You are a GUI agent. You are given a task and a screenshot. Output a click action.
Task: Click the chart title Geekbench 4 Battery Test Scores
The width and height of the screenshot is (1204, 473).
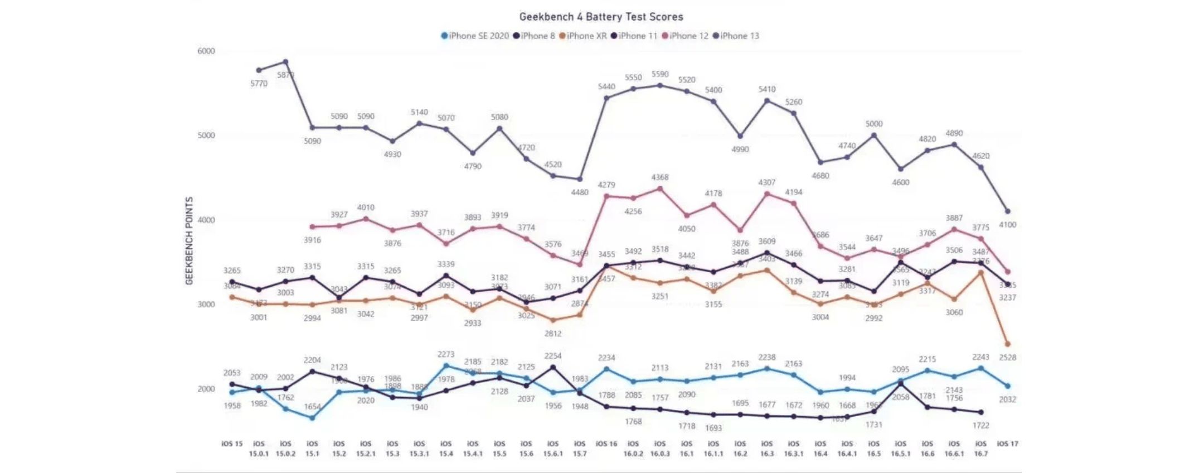click(601, 17)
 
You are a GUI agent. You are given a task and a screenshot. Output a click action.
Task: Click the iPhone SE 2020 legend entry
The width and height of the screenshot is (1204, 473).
click(475, 36)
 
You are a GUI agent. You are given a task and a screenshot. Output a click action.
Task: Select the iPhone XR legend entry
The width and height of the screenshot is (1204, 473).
click(583, 36)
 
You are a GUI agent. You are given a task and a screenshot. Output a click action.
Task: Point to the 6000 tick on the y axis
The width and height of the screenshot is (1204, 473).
click(206, 51)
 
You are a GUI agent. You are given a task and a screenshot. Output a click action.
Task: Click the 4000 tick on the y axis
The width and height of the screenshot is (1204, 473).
click(206, 220)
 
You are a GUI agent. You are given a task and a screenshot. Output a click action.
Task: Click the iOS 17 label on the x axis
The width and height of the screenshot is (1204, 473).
click(1007, 444)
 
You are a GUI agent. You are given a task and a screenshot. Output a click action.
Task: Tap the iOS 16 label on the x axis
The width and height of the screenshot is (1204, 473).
click(606, 444)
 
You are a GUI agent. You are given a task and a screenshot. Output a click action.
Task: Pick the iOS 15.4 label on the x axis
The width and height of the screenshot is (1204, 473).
click(446, 448)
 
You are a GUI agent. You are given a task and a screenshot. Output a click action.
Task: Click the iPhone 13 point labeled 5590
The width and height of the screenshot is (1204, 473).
click(660, 85)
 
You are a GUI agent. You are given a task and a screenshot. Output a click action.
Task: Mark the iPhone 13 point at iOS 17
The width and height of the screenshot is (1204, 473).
click(1007, 211)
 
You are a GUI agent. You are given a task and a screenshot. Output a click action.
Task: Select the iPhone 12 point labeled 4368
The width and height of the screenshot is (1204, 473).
click(660, 189)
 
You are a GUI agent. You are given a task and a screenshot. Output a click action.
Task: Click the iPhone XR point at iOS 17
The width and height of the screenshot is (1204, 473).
click(1007, 344)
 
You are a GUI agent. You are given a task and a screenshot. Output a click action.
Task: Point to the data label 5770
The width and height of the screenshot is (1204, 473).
click(259, 84)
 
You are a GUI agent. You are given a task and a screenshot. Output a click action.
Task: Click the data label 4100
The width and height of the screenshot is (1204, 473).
click(1007, 225)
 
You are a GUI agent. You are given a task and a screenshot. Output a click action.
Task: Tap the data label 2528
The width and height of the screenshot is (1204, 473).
click(1007, 358)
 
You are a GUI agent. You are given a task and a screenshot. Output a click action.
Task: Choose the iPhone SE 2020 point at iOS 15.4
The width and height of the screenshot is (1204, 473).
click(446, 366)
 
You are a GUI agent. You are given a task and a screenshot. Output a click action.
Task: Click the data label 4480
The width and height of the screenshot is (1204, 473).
click(580, 192)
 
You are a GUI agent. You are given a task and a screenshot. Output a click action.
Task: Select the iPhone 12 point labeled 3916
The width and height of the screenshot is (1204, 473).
click(312, 227)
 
